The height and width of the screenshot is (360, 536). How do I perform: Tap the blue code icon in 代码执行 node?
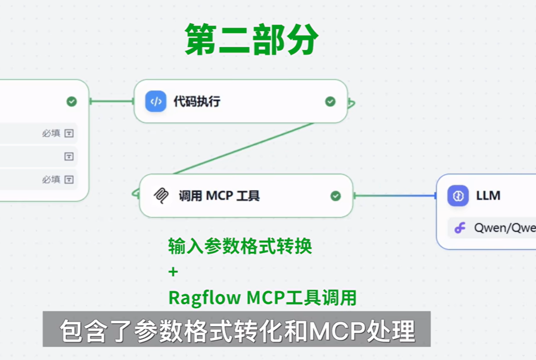[156, 101]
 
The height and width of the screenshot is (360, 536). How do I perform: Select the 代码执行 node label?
[197, 102]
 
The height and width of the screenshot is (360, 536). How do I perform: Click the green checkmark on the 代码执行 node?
[330, 101]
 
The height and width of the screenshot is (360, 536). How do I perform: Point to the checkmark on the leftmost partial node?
[72, 101]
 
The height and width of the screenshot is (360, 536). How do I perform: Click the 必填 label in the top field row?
[51, 133]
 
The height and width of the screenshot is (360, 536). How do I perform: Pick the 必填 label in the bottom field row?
[51, 180]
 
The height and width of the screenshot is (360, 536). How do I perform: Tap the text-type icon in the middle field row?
[69, 157]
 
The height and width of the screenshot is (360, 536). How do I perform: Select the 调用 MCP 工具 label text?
[219, 196]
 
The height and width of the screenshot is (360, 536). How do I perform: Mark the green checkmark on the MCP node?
[335, 196]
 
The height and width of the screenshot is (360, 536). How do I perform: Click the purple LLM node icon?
[458, 196]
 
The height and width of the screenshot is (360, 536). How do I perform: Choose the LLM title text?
[488, 196]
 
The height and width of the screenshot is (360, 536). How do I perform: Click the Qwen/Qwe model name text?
[504, 228]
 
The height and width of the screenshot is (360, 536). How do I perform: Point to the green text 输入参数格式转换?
[240, 246]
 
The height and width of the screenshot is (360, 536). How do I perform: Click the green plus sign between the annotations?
[173, 272]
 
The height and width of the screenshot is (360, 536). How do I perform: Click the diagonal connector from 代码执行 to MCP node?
[244, 148]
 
